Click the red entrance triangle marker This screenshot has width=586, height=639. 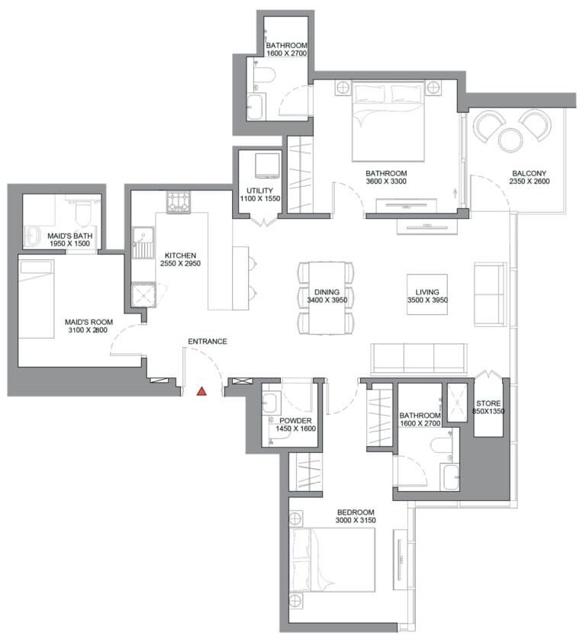(x=201, y=391)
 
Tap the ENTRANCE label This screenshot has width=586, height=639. (x=208, y=342)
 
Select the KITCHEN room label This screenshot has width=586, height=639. (x=180, y=255)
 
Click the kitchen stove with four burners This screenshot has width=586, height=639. (x=179, y=202)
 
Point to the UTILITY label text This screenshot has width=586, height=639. (x=259, y=191)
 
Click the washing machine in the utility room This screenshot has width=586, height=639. (x=268, y=166)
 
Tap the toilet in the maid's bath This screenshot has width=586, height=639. (x=84, y=212)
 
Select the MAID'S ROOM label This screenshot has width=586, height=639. (x=89, y=322)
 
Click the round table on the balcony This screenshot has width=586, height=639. (x=510, y=140)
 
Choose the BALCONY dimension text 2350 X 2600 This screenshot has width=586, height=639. (x=530, y=181)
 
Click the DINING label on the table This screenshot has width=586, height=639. (x=327, y=292)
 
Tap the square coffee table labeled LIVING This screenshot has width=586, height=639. (x=427, y=294)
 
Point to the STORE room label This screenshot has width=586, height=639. (x=488, y=403)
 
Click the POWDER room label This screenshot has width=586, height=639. (x=295, y=421)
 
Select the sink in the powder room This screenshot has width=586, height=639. (x=270, y=402)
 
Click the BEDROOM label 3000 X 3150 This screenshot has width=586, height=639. (x=356, y=516)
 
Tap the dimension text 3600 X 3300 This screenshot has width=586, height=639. (x=386, y=181)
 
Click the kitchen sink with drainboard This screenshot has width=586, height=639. (x=143, y=243)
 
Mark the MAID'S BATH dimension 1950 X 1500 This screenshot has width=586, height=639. (x=69, y=244)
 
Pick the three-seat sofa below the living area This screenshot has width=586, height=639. (x=419, y=358)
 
